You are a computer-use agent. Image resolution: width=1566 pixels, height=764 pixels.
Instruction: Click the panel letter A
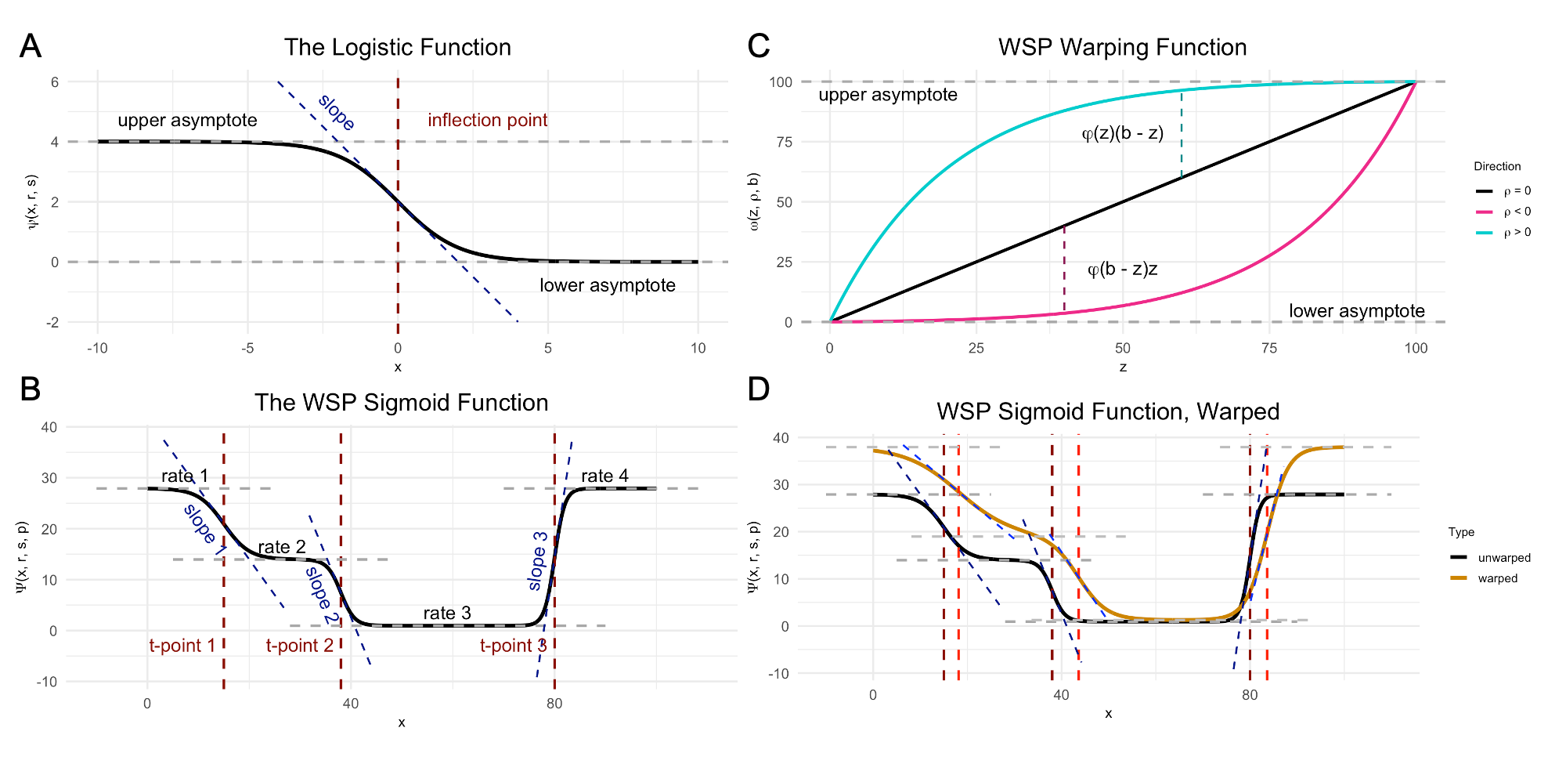31,46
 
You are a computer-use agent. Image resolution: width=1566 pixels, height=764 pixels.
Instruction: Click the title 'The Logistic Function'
397,47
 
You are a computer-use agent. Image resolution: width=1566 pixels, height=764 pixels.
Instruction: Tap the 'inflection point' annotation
487,120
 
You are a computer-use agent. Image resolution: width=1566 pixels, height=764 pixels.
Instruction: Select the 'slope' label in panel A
337,112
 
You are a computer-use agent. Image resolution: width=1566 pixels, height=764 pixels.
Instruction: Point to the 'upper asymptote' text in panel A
187,120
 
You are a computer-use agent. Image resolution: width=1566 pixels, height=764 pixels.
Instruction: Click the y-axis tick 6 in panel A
55,82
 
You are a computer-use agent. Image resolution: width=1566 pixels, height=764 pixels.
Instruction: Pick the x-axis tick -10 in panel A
98,348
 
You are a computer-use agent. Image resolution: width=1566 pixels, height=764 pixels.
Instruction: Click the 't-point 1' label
182,646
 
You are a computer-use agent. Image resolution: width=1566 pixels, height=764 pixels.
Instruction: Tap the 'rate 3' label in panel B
447,613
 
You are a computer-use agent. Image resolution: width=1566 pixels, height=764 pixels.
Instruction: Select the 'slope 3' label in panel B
538,561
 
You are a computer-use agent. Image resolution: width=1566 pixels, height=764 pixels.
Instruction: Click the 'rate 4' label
604,476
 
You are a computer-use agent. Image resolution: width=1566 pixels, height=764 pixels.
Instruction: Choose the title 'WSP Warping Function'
1122,47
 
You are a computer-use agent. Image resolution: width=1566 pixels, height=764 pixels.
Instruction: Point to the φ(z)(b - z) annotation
1122,133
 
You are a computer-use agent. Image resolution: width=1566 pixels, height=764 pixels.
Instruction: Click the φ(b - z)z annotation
1122,270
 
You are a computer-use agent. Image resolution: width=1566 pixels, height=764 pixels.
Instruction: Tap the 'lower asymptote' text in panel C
1356,311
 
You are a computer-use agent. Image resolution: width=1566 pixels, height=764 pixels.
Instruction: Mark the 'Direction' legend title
1497,166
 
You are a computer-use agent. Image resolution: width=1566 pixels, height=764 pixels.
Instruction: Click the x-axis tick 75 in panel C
1269,348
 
